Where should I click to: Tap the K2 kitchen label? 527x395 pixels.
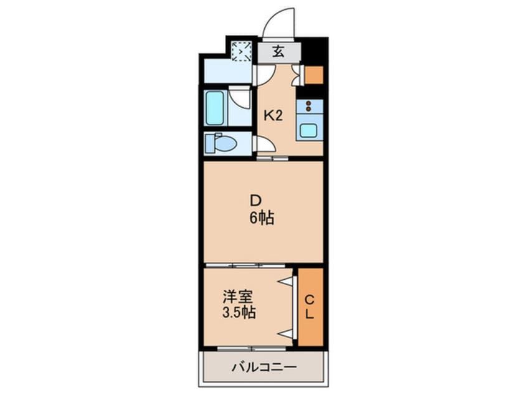click(x=273, y=116)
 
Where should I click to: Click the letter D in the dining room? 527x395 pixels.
click(x=255, y=201)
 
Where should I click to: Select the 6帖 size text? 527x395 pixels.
click(x=262, y=219)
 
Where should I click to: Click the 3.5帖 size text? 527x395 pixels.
click(x=239, y=313)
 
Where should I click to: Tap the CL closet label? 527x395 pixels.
click(x=310, y=307)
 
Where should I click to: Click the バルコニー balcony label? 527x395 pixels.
click(x=264, y=367)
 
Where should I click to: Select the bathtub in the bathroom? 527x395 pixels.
click(x=215, y=107)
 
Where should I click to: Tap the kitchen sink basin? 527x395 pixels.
click(x=308, y=130)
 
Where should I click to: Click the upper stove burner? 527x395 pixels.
click(x=308, y=103)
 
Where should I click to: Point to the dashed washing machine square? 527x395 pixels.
click(x=242, y=52)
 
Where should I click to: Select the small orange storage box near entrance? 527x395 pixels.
click(x=314, y=75)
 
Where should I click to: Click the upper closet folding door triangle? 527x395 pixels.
click(x=285, y=281)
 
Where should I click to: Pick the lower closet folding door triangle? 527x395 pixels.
click(x=285, y=333)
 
